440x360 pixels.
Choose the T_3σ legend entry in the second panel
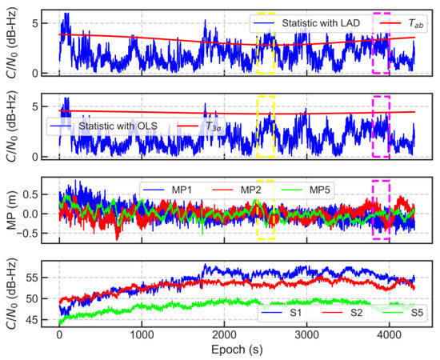click(213, 126)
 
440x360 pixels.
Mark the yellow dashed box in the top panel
click(266, 44)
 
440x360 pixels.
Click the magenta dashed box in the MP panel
click(381, 210)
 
